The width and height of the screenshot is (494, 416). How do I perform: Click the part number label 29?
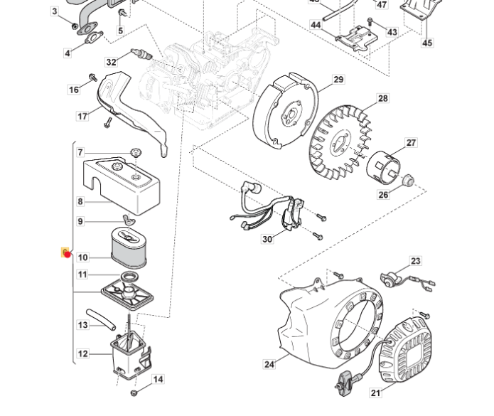coord(338,79)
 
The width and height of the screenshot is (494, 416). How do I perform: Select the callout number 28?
coord(382,98)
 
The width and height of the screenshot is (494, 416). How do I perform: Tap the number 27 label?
coord(411,143)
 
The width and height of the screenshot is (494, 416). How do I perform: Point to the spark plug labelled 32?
coord(141,53)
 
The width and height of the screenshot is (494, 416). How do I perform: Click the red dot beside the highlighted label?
coord(68,254)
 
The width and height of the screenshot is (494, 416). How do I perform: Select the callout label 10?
coord(82,257)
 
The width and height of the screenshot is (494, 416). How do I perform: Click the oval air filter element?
coord(129,247)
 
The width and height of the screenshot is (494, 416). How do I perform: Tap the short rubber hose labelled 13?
coord(101,319)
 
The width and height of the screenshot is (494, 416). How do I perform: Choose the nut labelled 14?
coord(134,393)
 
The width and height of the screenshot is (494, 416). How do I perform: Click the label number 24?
coord(269,364)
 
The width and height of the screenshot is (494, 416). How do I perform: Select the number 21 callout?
coord(375,393)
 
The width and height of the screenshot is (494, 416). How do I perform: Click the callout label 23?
coord(416,261)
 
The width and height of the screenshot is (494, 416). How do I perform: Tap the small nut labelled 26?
coord(408,181)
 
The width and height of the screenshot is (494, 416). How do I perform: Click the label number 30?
coord(267,239)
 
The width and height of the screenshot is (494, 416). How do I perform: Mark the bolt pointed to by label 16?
coord(93,77)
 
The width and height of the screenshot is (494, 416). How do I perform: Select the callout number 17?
coord(82,117)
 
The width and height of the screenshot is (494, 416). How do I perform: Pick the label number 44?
coord(316,25)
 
